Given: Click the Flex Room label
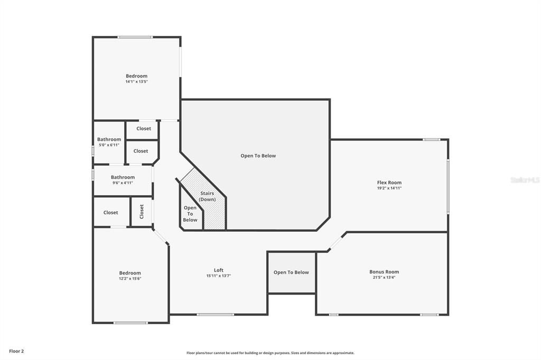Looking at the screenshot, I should pyautogui.click(x=389, y=183).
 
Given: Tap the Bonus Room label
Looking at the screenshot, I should pyautogui.click(x=384, y=272).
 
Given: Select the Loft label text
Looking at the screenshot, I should pyautogui.click(x=218, y=270).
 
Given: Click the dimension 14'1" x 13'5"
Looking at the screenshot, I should pyautogui.click(x=136, y=82).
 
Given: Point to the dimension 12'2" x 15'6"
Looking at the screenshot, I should pyautogui.click(x=130, y=279).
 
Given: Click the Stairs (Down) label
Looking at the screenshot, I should pyautogui.click(x=207, y=196).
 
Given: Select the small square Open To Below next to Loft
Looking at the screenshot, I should pyautogui.click(x=291, y=272).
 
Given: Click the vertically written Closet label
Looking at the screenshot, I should pyautogui.click(x=142, y=212).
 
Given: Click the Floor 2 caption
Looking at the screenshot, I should pyautogui.click(x=16, y=351).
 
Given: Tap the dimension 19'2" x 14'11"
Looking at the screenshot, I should pyautogui.click(x=389, y=188).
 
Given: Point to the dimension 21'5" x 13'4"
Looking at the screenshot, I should pyautogui.click(x=384, y=278).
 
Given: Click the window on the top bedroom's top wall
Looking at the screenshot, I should pyautogui.click(x=135, y=37).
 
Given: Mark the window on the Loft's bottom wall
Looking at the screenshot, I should pyautogui.click(x=216, y=315).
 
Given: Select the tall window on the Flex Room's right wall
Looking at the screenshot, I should pyautogui.click(x=448, y=187).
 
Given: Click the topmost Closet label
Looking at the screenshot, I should pyautogui.click(x=144, y=128).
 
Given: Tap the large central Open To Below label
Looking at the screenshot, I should pyautogui.click(x=258, y=156).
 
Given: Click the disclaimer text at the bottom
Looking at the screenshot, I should pyautogui.click(x=270, y=353).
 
